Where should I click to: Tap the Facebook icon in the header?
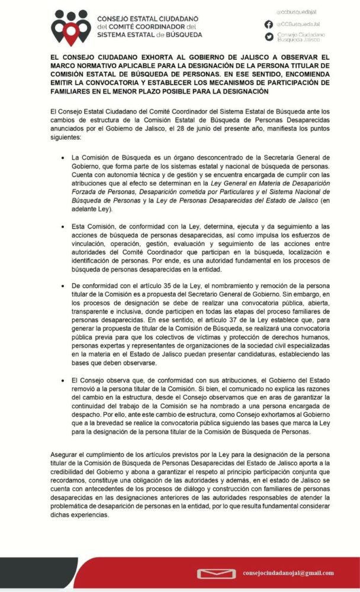tap(269, 24)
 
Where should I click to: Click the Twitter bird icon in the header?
tap(269, 37)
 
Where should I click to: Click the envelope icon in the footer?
tap(216, 573)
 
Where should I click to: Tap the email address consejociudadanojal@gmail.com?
tap(288, 573)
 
